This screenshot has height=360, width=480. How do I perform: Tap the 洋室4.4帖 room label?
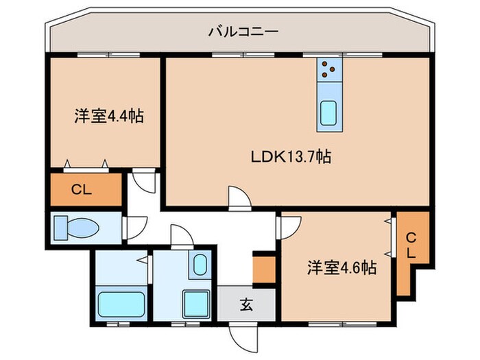point(109,116)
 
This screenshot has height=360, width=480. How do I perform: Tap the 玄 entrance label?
point(246,304)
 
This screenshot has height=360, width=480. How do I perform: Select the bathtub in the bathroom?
point(120,302)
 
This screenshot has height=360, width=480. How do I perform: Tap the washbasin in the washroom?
point(200,264)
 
